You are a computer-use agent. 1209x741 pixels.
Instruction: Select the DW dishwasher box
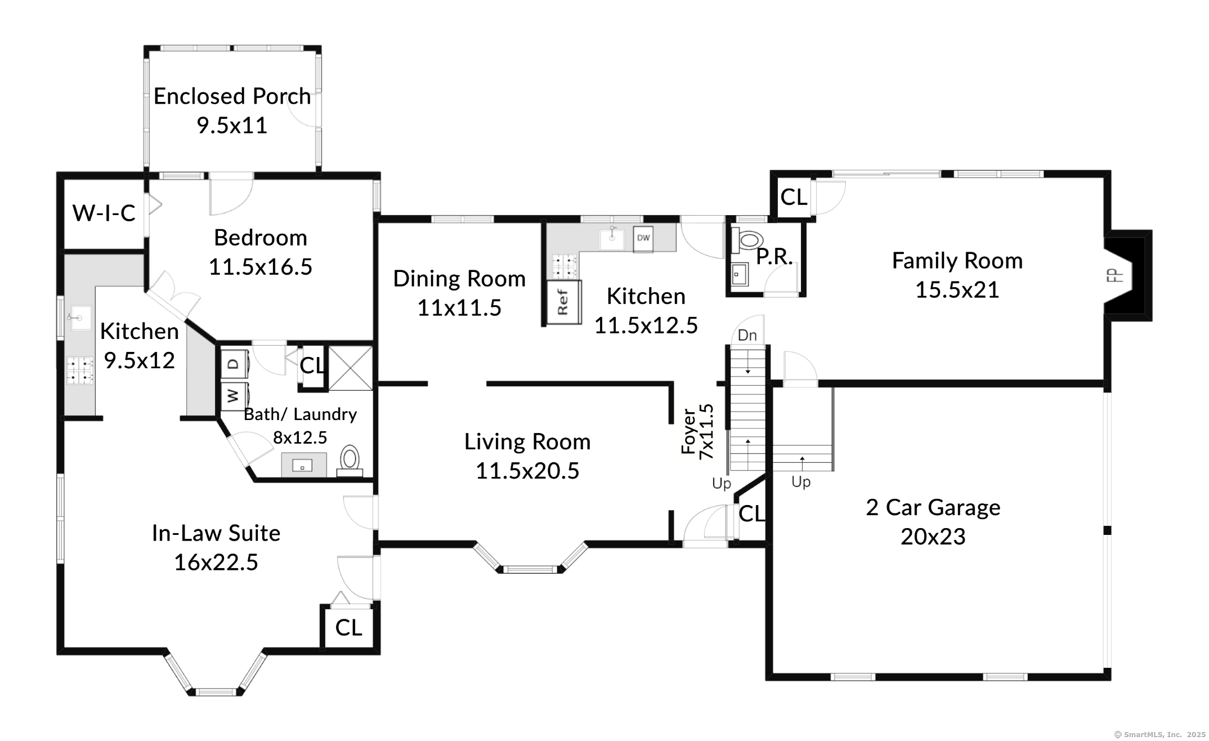643,238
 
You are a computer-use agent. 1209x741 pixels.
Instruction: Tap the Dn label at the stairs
747,336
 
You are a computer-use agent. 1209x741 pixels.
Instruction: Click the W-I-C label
104,213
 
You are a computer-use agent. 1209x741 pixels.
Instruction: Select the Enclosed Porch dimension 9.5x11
232,125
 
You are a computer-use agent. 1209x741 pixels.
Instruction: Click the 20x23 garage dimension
933,537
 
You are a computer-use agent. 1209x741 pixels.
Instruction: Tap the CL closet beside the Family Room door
794,197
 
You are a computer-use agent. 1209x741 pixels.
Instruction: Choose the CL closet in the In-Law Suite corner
348,628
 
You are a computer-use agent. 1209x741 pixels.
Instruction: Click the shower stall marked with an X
350,368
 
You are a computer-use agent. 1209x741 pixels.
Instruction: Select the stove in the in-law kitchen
79,370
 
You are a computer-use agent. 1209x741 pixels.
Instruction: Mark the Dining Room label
459,279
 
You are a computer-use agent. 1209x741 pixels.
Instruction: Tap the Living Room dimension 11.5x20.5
527,471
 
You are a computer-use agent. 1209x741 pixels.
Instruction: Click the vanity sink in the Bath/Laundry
303,465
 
